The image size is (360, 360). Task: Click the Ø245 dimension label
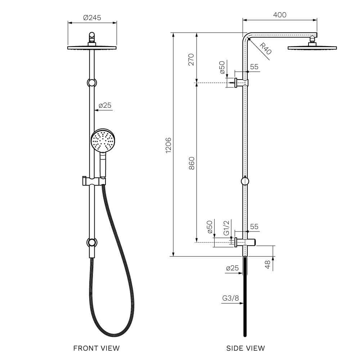click(92, 17)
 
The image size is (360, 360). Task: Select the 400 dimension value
click(280, 15)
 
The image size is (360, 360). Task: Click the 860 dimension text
click(192, 163)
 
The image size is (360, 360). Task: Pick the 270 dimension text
click(191, 59)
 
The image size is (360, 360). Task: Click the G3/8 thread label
click(230, 298)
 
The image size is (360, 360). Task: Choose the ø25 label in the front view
click(105, 105)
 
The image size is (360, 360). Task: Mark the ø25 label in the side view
click(232, 268)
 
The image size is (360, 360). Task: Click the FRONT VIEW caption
click(96, 348)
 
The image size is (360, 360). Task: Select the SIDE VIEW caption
click(246, 348)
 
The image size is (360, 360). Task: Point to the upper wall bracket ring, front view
click(92, 83)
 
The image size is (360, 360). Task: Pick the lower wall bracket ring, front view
click(92, 242)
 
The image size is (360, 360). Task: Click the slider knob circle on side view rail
click(245, 180)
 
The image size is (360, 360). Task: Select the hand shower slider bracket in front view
click(93, 181)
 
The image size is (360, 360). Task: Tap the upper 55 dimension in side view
click(254, 67)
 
